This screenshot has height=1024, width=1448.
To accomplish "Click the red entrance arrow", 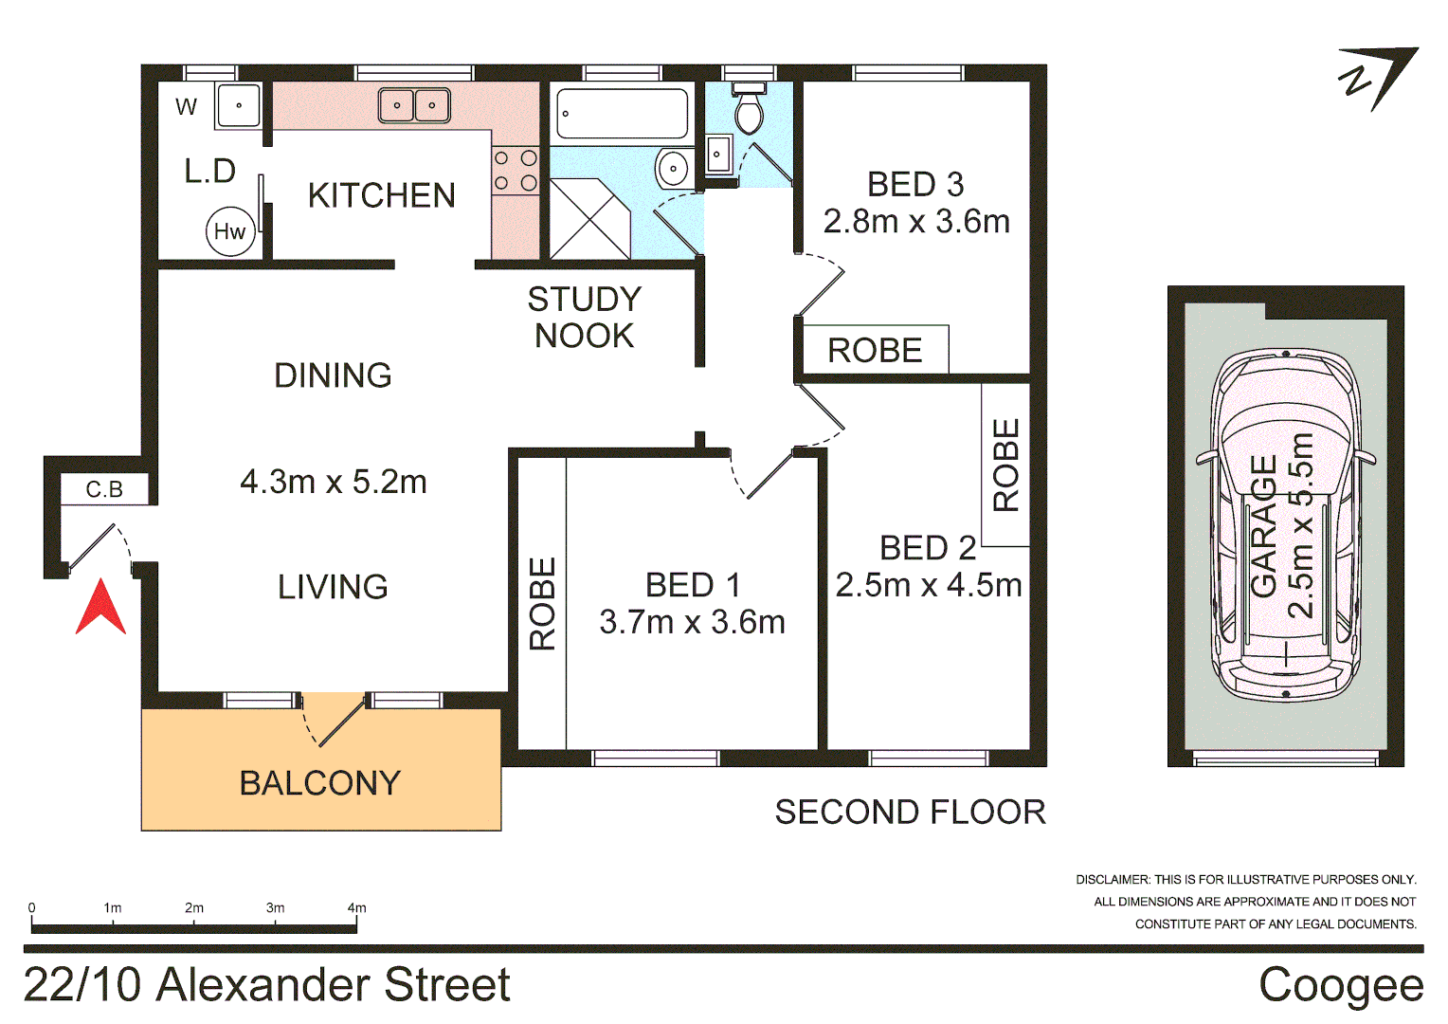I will [x=100, y=610].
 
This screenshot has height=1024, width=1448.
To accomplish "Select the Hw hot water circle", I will [x=230, y=231].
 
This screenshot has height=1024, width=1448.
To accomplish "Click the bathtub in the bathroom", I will [x=622, y=114].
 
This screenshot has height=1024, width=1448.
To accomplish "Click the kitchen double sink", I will [x=414, y=105].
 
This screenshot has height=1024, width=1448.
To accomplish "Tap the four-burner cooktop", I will [x=515, y=171].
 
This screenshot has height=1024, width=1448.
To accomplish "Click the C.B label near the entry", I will [x=104, y=489].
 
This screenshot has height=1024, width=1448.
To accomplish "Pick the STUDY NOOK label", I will [x=584, y=318].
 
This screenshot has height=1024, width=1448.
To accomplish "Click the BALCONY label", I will [x=320, y=783].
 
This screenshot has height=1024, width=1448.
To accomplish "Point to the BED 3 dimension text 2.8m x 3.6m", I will [x=916, y=221].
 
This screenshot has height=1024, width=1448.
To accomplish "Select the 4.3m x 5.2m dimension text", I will [x=334, y=482].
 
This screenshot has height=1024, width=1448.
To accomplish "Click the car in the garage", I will [x=1286, y=526].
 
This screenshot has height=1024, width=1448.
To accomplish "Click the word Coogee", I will [x=1340, y=985].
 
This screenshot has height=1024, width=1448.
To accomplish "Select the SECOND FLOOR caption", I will [x=910, y=812].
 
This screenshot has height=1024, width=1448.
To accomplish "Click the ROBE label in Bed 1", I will [x=542, y=604].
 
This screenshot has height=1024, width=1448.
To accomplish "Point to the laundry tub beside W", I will [x=238, y=105].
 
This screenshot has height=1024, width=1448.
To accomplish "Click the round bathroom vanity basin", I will [x=673, y=170].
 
